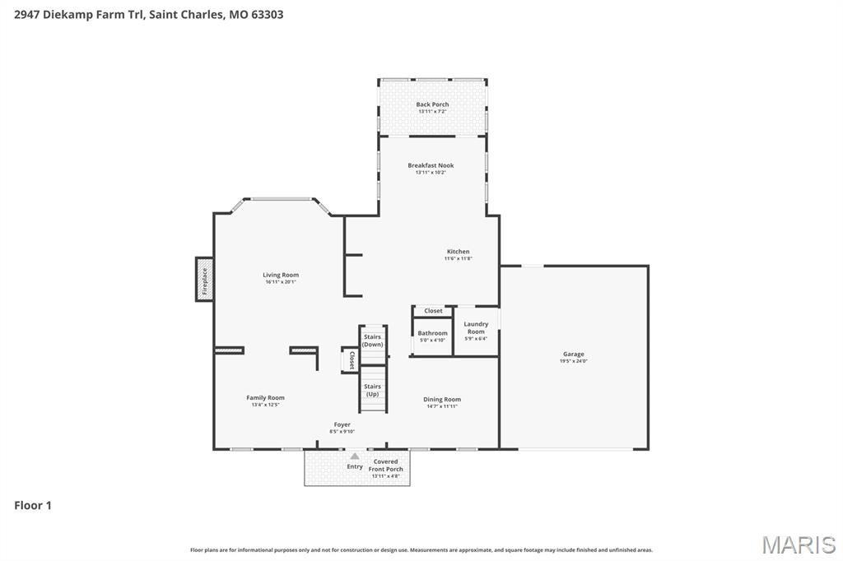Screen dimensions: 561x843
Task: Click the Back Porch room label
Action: point(432,104)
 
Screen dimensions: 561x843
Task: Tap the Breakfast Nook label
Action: point(431,165)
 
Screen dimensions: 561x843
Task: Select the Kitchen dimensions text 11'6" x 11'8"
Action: point(458,259)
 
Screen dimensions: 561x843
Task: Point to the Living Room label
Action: point(281,275)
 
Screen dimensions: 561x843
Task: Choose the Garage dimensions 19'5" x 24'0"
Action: point(574,361)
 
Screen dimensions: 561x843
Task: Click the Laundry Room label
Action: point(476,327)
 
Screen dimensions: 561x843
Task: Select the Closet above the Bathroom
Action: point(433,311)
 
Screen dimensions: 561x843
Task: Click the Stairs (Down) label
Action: point(373,341)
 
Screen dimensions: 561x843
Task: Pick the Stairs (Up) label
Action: point(372,390)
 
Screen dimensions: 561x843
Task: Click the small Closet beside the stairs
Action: point(351,359)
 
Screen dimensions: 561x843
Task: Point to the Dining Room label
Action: point(442,400)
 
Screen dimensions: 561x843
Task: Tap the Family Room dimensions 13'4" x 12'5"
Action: point(265,405)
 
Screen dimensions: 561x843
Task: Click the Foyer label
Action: point(342,424)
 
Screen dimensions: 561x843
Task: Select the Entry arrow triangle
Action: point(355,456)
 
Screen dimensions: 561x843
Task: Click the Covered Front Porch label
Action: point(385,466)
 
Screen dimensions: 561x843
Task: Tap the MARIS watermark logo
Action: point(798,545)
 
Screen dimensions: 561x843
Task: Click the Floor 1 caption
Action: point(33,505)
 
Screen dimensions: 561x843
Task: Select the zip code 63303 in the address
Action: point(267,14)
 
